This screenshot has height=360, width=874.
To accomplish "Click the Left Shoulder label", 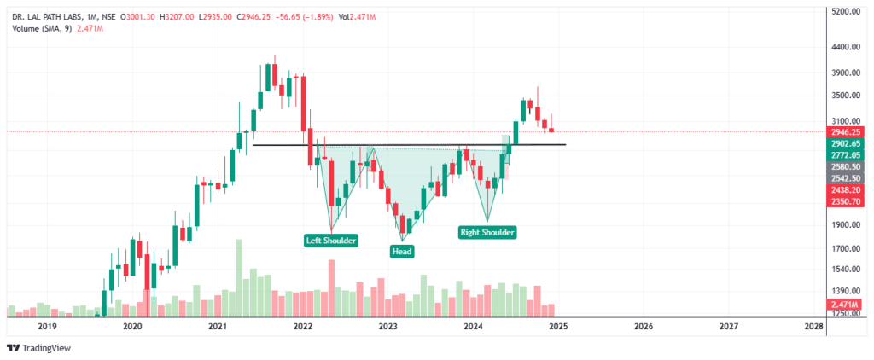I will pos(331,241).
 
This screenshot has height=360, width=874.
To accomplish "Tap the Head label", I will pos(402,251).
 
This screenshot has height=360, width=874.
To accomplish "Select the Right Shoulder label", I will pos(488,231).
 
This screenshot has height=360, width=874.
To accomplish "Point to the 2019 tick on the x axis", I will pos(47,326).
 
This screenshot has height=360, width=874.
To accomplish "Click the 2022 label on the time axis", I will pos(302,326).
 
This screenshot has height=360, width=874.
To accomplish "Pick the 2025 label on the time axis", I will pos(558,326).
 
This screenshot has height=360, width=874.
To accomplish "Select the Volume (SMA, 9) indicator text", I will pos(42,28).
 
